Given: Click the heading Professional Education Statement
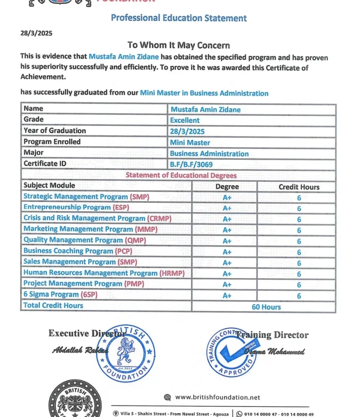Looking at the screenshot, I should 179,18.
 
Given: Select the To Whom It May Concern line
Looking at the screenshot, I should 179,45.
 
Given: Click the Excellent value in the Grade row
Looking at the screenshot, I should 185,121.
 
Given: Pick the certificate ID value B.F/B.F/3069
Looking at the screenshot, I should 191,165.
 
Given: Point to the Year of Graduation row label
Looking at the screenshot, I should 55,131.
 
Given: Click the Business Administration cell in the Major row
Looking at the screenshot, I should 209,154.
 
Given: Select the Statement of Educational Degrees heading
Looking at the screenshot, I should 181,176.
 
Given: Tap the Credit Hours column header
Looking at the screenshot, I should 299,187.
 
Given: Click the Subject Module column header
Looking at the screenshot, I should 49,186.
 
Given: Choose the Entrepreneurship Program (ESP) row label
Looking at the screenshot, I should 76,207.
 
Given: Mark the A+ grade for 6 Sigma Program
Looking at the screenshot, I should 227,296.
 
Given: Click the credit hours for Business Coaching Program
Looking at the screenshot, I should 299,252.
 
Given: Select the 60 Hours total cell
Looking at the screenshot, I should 266,307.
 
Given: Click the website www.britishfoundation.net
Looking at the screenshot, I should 217,397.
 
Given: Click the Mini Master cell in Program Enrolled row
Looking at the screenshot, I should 190,143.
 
